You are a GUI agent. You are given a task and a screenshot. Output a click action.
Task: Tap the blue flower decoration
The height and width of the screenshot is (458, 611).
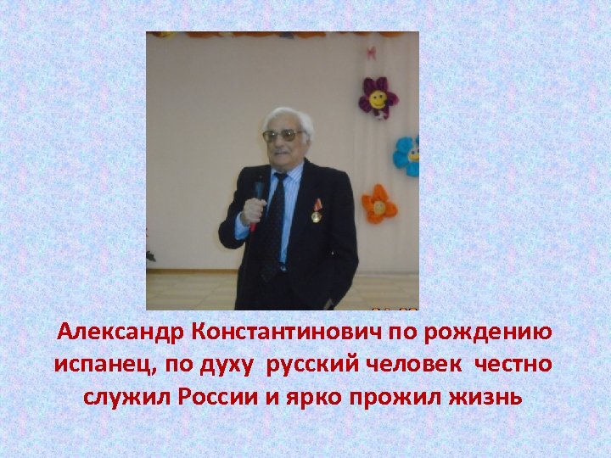[408, 156]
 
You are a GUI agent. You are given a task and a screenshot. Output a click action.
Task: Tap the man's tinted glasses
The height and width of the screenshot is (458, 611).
[283, 135]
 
